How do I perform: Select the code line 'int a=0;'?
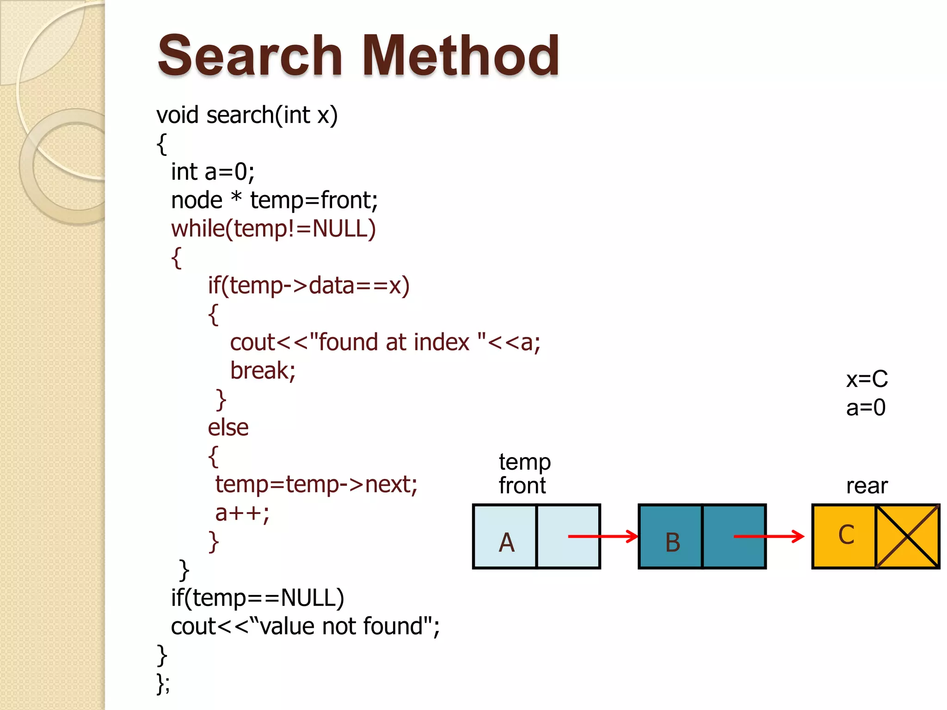click(x=213, y=172)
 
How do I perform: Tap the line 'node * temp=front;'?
click(x=274, y=201)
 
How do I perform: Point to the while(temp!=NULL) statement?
click(x=273, y=229)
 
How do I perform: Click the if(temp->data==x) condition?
click(x=308, y=286)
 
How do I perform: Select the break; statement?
click(x=263, y=371)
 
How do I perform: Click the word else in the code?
click(x=228, y=428)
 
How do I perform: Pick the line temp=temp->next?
click(x=316, y=484)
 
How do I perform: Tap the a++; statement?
click(x=242, y=513)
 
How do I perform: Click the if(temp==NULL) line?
click(x=258, y=598)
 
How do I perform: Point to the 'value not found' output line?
click(x=305, y=627)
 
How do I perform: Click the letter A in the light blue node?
click(x=507, y=542)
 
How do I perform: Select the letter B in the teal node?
click(x=673, y=542)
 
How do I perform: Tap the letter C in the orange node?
click(x=846, y=535)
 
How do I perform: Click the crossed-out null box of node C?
click(x=908, y=537)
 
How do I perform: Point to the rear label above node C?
click(x=867, y=486)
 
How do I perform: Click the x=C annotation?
click(x=867, y=379)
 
